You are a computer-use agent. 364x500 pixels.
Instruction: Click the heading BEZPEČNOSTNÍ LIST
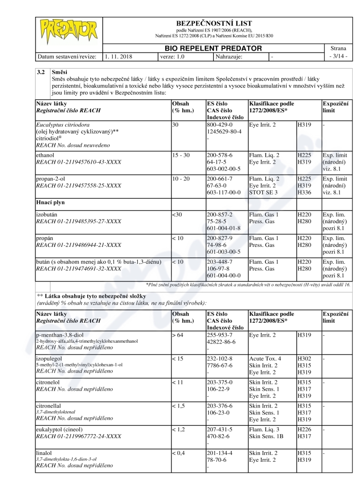pyautogui.click(x=213, y=23)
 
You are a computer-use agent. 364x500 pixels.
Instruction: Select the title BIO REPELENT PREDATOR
pyautogui.click(x=213, y=48)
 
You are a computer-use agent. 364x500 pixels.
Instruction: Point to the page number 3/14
pyautogui.click(x=339, y=57)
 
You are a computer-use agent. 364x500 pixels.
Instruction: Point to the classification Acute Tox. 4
pyautogui.click(x=265, y=359)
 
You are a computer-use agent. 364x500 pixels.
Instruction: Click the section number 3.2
pyautogui.click(x=40, y=72)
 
